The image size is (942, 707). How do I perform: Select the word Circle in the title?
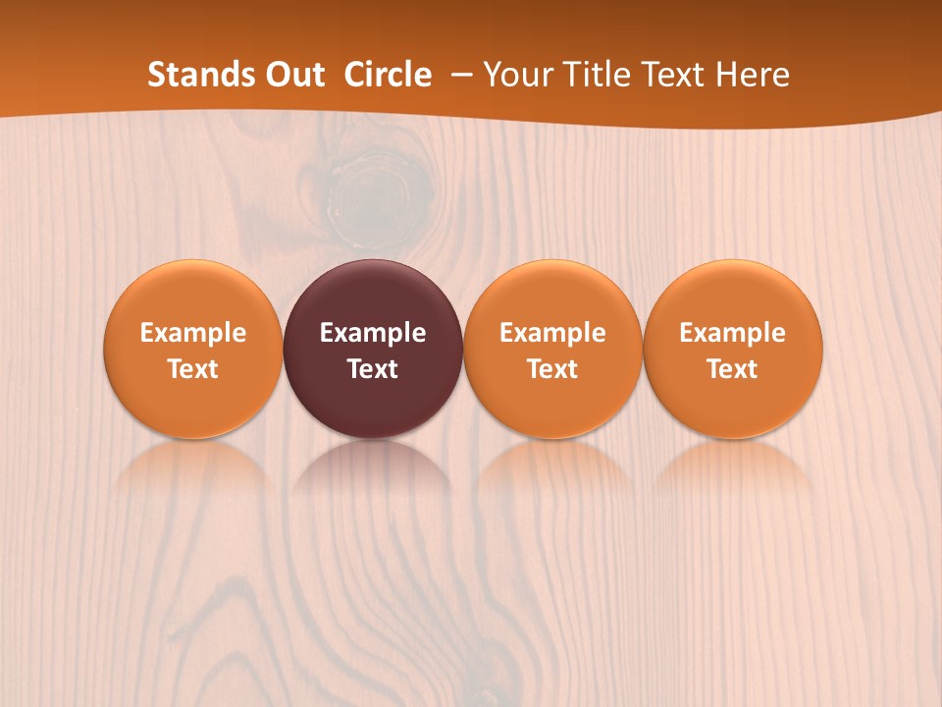tap(388, 75)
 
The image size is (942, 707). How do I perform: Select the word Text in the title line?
tap(674, 75)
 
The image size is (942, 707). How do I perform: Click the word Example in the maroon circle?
tap(373, 333)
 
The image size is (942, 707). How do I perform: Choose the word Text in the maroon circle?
tap(373, 369)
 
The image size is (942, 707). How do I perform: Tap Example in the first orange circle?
tap(193, 333)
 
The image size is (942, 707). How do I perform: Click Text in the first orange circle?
tap(193, 369)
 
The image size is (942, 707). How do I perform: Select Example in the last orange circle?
tap(732, 333)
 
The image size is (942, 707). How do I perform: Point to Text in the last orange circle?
tap(732, 369)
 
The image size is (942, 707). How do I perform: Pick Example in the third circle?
tap(552, 333)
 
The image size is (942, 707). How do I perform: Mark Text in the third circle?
tap(552, 369)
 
